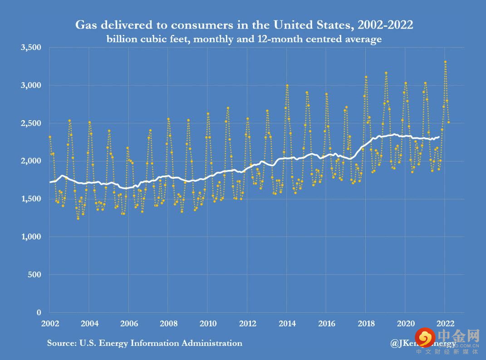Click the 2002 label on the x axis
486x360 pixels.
pyautogui.click(x=50, y=323)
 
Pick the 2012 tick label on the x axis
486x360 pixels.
pyautogui.click(x=247, y=323)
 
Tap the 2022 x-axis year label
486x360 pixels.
pyautogui.click(x=445, y=323)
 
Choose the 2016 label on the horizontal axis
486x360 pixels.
pyautogui.click(x=326, y=323)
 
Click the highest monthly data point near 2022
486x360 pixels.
pyautogui.click(x=445, y=62)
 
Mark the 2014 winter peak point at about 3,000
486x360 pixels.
pyautogui.click(x=287, y=85)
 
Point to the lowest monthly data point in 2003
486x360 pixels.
pyautogui.click(x=78, y=219)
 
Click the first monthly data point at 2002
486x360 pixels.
pyautogui.click(x=50, y=136)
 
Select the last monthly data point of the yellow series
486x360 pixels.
pyautogui.click(x=449, y=122)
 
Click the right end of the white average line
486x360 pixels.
pyautogui.click(x=439, y=137)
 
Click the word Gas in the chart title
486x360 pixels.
pyautogui.click(x=85, y=25)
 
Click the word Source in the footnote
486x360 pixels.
pyautogui.click(x=62, y=343)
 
